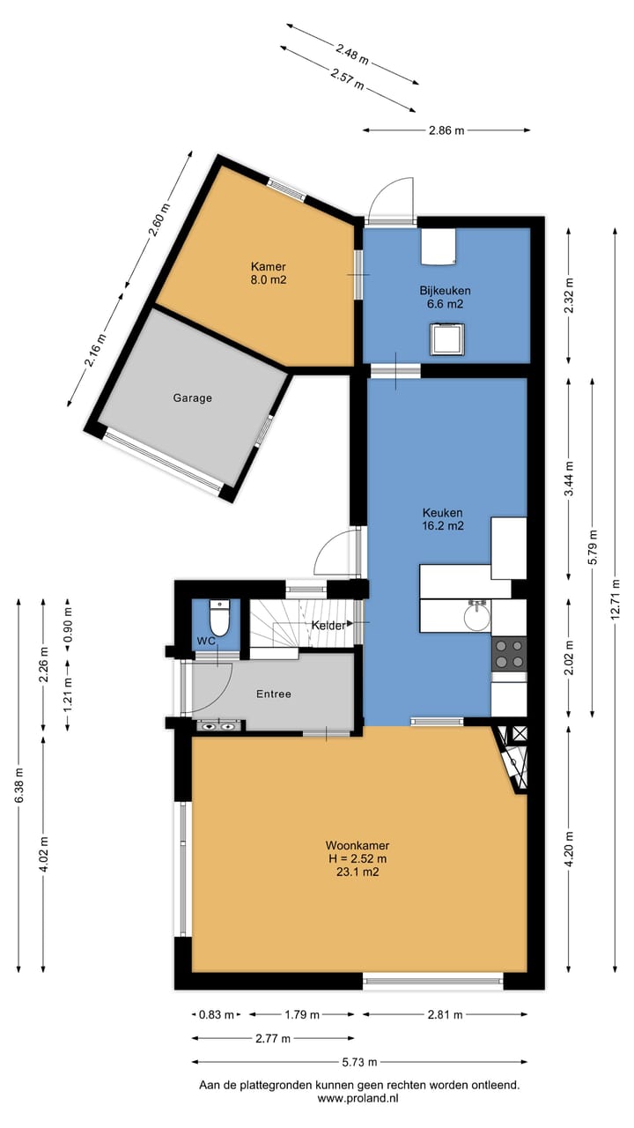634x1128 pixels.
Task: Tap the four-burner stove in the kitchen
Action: click(508, 653)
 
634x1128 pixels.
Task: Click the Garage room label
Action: click(192, 398)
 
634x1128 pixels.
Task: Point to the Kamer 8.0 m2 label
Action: click(269, 273)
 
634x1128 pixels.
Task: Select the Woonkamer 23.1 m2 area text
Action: click(357, 858)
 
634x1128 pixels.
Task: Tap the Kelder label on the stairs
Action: click(327, 626)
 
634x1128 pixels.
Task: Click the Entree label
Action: click(273, 694)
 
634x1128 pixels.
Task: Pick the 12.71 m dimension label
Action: click(615, 604)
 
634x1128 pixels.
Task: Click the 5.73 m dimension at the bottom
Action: click(360, 1062)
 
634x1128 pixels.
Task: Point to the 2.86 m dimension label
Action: click(446, 130)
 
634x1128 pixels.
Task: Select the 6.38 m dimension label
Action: click(18, 784)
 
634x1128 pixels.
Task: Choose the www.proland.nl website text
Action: click(359, 1099)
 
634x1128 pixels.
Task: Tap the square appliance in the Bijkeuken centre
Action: click(446, 339)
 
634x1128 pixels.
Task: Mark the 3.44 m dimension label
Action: click(569, 479)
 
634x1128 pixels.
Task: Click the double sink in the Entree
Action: click(217, 726)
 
